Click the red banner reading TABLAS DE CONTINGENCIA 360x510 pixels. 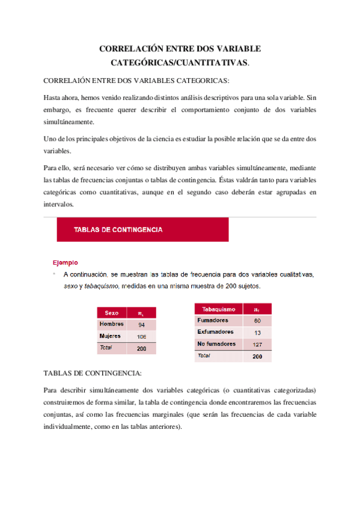(142, 229)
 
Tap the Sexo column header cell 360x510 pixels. (112, 313)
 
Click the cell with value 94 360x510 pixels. (141, 325)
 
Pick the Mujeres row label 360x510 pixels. (111, 336)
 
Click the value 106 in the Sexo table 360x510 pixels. (141, 337)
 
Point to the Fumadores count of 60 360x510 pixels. (257, 321)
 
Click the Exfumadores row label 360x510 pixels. (215, 332)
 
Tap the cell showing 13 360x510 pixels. (257, 333)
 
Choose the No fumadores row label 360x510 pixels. (216, 344)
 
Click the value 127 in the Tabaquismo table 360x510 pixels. (257, 345)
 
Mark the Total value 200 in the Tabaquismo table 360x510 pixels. (257, 357)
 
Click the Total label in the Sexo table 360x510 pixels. (106, 348)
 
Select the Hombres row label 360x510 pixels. (111, 324)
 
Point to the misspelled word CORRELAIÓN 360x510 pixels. (73, 81)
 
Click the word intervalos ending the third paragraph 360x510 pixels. (58, 204)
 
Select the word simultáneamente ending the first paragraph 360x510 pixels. (69, 122)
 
